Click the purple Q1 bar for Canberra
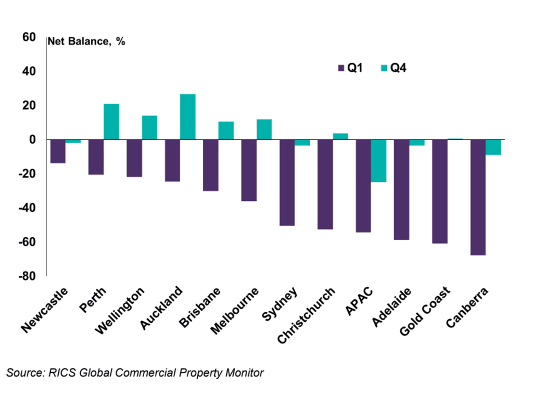(x=478, y=197)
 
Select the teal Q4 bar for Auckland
(x=187, y=117)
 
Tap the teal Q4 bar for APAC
(x=378, y=161)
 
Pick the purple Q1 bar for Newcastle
(x=58, y=151)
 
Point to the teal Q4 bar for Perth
(x=111, y=122)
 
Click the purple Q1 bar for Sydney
(x=287, y=183)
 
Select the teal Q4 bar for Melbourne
(x=264, y=130)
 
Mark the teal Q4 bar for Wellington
(x=149, y=127)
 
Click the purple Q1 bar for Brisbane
(x=210, y=165)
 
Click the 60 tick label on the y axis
(x=29, y=37)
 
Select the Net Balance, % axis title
(x=86, y=42)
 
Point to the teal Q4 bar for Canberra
(x=493, y=147)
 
